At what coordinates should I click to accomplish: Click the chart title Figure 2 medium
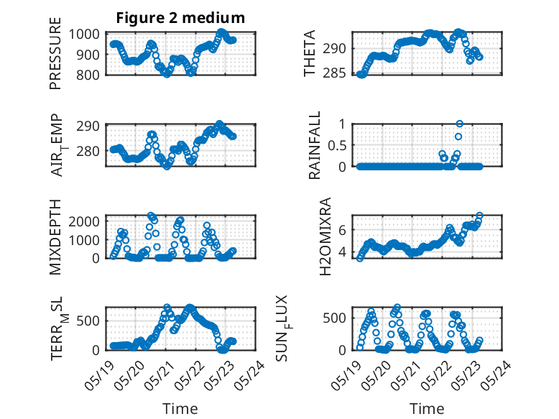[180, 18]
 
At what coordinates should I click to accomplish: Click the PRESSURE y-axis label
[55, 53]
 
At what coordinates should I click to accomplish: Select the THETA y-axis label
[310, 53]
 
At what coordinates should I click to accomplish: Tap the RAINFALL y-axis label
[315, 145]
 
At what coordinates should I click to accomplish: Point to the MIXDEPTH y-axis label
[55, 236]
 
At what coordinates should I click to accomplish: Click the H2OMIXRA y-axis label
[325, 236]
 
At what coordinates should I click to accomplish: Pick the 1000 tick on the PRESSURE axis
[84, 34]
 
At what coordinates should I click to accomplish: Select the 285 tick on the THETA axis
[334, 73]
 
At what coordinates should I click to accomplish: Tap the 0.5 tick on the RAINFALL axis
[337, 145]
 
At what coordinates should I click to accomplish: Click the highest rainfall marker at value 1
[460, 124]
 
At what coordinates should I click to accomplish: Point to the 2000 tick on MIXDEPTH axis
[84, 221]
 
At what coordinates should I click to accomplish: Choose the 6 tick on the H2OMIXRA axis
[342, 230]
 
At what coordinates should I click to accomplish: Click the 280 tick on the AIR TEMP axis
[88, 151]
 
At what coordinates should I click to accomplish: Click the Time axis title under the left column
[180, 408]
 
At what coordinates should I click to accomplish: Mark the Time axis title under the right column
[427, 408]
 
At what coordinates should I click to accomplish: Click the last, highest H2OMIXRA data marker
[479, 216]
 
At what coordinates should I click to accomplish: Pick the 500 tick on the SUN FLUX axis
[334, 318]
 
